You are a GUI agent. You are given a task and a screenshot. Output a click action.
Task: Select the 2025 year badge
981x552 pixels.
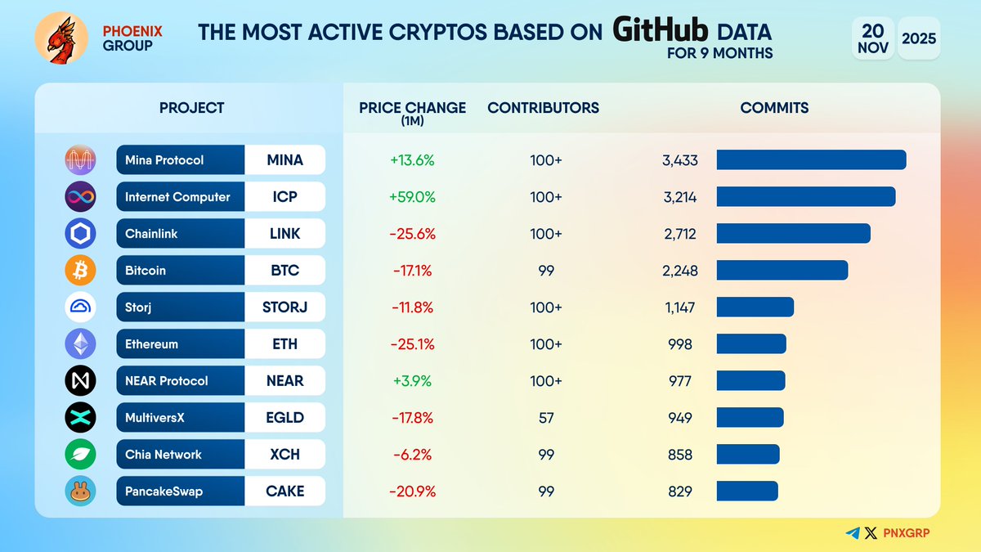click(x=919, y=38)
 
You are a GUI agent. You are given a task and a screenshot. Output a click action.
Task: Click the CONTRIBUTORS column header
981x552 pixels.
click(x=543, y=108)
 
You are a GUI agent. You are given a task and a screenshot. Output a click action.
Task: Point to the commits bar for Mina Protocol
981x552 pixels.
click(x=811, y=160)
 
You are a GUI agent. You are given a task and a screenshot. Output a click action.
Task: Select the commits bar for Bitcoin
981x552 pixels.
click(x=782, y=271)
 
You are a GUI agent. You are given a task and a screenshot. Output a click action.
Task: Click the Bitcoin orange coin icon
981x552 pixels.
click(x=80, y=271)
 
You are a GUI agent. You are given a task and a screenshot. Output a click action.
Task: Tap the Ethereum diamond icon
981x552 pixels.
click(x=80, y=344)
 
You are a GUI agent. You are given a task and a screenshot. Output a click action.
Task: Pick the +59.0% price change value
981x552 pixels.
click(x=413, y=197)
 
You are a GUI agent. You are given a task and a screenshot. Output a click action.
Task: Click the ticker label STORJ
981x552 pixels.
click(x=284, y=307)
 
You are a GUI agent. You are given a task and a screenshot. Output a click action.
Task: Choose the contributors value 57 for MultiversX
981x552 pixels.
click(x=546, y=418)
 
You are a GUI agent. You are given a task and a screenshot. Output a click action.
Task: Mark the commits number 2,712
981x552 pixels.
click(x=680, y=234)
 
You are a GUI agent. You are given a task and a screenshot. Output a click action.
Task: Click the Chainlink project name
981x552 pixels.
click(x=151, y=234)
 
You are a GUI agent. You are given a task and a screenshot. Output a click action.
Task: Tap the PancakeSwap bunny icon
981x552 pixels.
click(x=80, y=491)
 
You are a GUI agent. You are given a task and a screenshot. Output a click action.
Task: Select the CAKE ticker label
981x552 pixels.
click(x=284, y=491)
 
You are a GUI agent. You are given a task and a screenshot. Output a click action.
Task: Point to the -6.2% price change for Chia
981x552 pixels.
click(x=413, y=455)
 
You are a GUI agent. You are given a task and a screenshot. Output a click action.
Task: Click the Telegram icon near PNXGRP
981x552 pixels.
click(x=853, y=533)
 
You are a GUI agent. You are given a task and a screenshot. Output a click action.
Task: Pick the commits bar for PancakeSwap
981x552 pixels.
click(x=747, y=491)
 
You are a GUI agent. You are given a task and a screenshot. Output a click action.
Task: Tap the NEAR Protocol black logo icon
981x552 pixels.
click(x=80, y=381)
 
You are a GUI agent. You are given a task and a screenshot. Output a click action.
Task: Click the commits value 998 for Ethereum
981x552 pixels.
click(x=680, y=344)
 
